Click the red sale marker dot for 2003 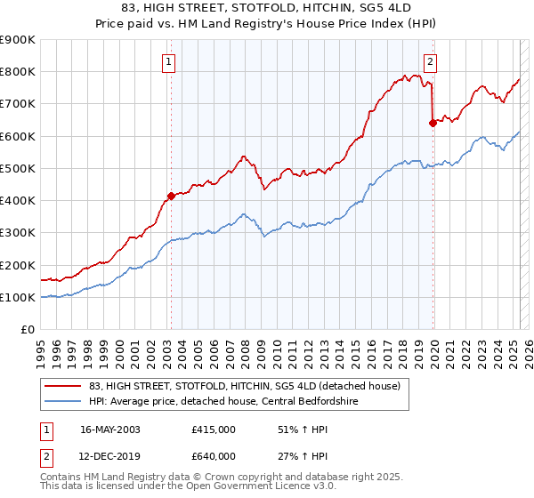(x=171, y=196)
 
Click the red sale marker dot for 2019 (x=433, y=124)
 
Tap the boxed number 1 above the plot (x=169, y=62)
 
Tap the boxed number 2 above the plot (x=431, y=62)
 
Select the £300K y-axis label (x=19, y=233)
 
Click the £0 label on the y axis (x=28, y=330)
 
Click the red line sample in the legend (x=62, y=386)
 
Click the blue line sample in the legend (x=62, y=400)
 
